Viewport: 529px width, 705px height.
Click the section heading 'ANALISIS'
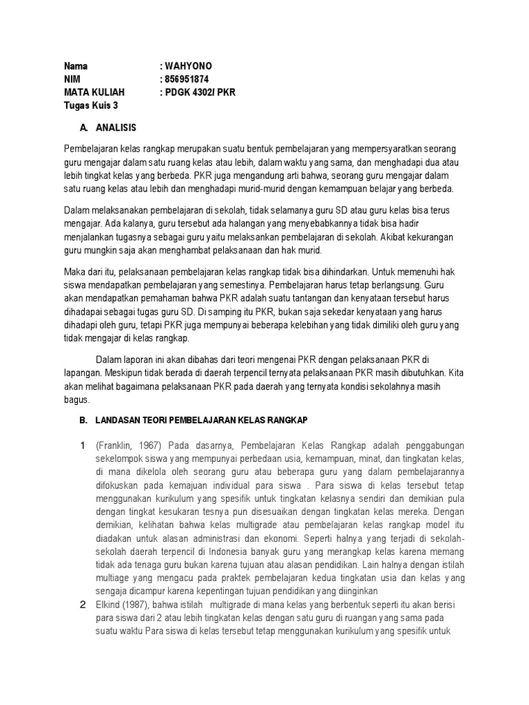tap(116, 128)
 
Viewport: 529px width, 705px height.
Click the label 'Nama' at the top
tap(76, 67)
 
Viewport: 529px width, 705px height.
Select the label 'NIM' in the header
tap(72, 79)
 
